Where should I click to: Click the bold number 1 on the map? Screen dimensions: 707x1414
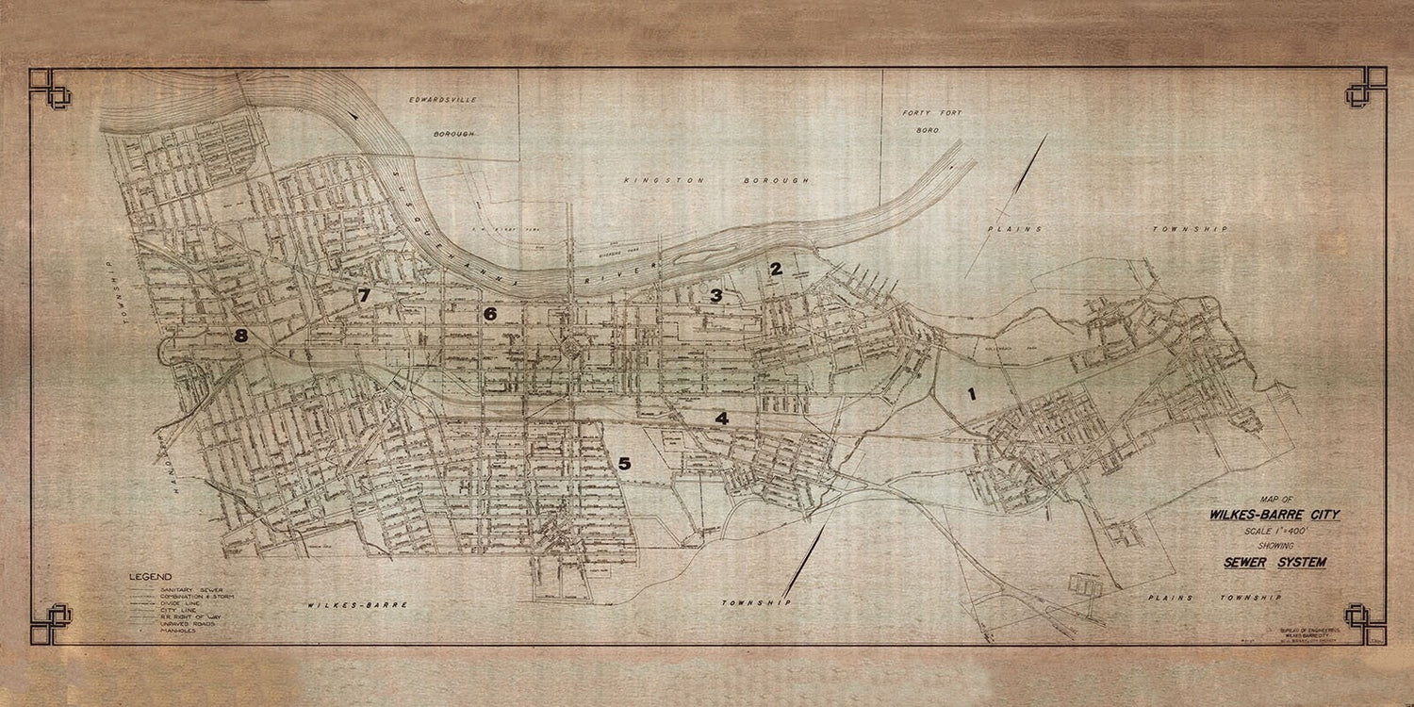tap(971, 395)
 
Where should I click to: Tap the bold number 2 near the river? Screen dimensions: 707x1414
tap(776, 269)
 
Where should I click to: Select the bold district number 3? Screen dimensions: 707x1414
tap(716, 296)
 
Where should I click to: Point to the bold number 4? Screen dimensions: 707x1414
tap(722, 419)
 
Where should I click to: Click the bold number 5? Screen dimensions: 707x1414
tap(624, 463)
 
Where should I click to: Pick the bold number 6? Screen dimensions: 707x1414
tap(490, 314)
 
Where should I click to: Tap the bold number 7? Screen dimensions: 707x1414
tap(364, 296)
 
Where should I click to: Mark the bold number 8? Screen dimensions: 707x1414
tap(241, 336)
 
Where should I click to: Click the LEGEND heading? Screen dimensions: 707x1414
tap(151, 577)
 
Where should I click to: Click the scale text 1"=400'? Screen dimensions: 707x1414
tap(1268, 531)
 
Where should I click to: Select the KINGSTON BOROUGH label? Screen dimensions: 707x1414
tap(716, 179)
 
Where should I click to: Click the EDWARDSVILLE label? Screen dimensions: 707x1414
tap(442, 99)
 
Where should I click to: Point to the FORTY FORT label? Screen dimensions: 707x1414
tap(932, 113)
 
